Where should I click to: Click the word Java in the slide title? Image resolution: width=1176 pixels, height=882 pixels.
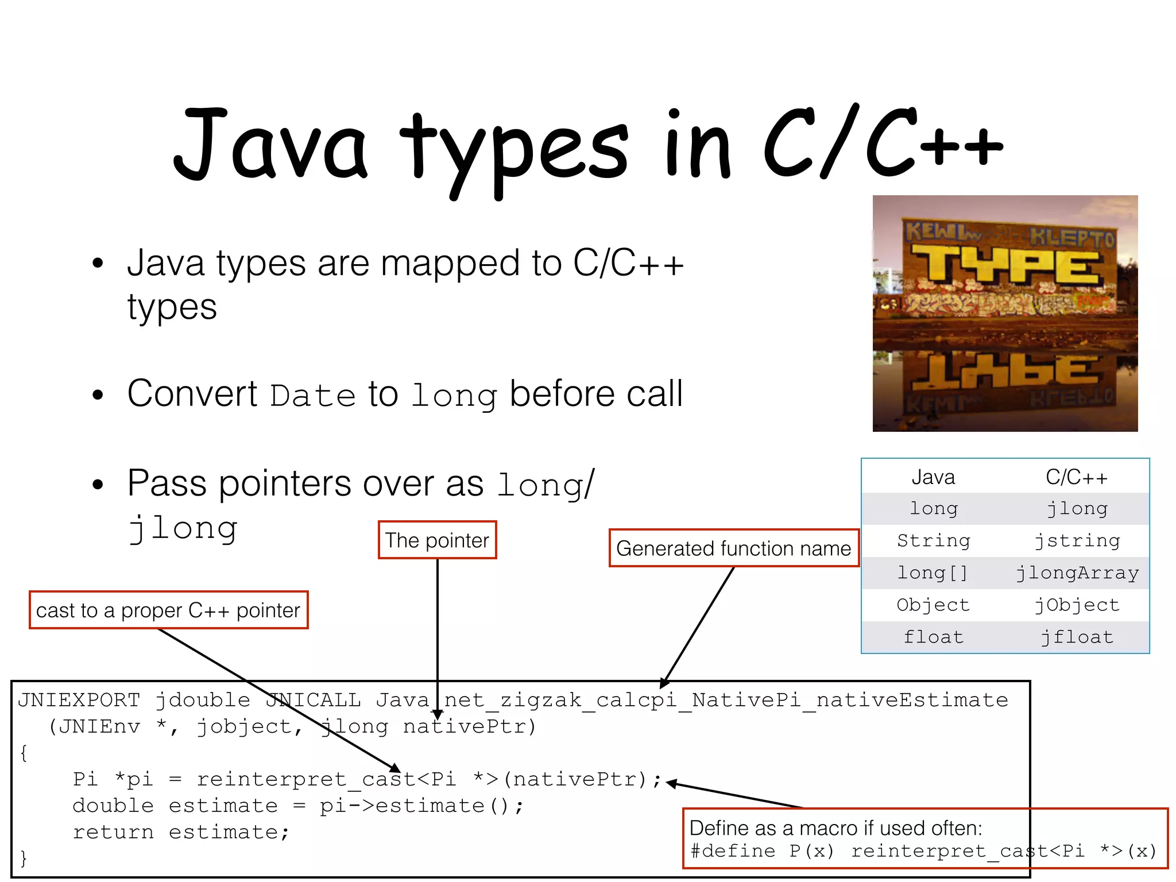pos(270,144)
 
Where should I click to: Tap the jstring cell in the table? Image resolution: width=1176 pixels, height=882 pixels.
pos(1077,541)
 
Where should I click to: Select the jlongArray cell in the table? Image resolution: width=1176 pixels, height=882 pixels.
pos(1077,573)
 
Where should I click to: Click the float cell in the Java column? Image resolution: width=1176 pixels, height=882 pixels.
pos(933,637)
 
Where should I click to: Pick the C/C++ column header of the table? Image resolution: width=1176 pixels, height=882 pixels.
pos(1076,477)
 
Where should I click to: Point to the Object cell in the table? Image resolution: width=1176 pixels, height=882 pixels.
pos(933,605)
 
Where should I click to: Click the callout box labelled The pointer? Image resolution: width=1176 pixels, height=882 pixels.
pos(437,540)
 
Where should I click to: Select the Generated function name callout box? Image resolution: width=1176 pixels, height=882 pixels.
pos(733,548)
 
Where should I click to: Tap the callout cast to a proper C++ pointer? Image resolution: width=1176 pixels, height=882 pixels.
pos(168,610)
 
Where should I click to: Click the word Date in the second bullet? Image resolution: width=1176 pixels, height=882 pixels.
pos(313,396)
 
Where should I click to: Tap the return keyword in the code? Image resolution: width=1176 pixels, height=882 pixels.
pos(113,833)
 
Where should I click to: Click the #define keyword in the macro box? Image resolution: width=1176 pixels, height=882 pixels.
pos(732,851)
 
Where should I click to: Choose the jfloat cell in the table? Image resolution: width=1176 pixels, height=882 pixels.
pos(1077,637)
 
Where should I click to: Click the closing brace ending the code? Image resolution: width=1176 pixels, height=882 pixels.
pos(24,858)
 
